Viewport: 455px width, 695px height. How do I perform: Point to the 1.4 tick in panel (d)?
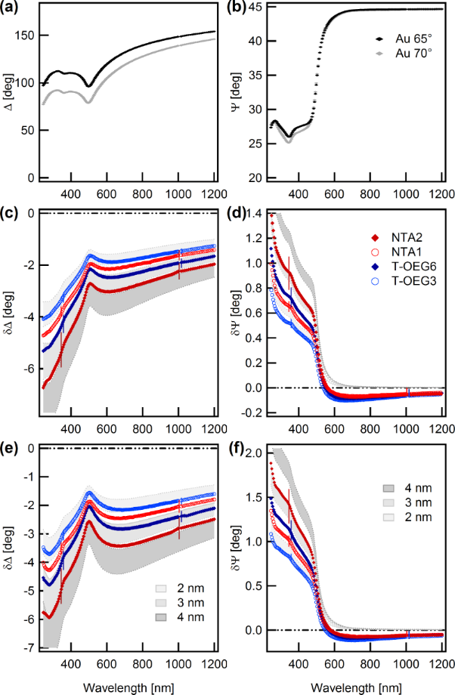[253, 215]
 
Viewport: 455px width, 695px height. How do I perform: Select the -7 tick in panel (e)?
[31, 648]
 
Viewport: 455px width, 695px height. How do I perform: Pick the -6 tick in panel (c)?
[31, 369]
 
